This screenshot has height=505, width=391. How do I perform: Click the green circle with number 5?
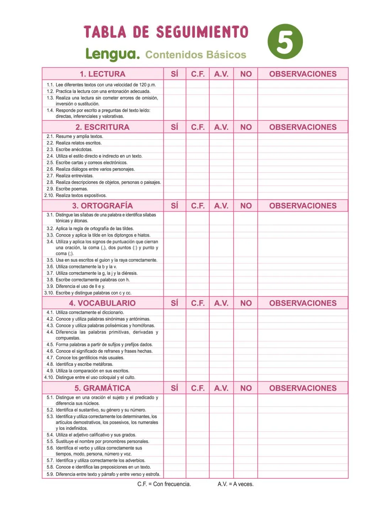click(x=285, y=42)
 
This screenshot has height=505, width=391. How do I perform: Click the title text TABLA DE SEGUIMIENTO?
click(x=166, y=32)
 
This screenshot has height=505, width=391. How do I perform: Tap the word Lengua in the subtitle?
click(x=112, y=54)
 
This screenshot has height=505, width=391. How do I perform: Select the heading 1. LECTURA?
click(x=102, y=74)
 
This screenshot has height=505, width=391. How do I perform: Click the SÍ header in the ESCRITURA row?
click(x=175, y=127)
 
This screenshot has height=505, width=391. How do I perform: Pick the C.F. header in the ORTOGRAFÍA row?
click(x=198, y=206)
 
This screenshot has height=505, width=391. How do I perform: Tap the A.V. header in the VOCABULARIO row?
click(x=221, y=303)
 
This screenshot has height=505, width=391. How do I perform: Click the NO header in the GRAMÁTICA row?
click(x=246, y=388)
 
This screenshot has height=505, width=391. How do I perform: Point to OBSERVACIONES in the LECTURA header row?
click(x=302, y=74)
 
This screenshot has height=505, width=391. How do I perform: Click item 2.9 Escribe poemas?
click(x=71, y=189)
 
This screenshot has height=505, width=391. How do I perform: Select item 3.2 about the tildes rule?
click(x=95, y=229)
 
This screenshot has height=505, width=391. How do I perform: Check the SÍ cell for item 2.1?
click(x=175, y=136)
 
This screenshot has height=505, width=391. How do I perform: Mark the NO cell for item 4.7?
click(x=246, y=358)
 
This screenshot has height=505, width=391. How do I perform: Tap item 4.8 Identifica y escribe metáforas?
click(x=84, y=364)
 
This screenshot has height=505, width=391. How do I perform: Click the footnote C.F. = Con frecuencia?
click(x=164, y=484)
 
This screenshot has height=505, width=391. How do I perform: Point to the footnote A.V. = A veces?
click(x=235, y=484)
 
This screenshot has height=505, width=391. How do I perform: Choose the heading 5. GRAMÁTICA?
click(x=102, y=388)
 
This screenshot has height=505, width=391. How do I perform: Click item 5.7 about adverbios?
click(x=100, y=461)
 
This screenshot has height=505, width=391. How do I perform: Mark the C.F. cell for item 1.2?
click(x=198, y=91)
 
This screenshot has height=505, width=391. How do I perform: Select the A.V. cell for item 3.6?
click(x=221, y=267)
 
